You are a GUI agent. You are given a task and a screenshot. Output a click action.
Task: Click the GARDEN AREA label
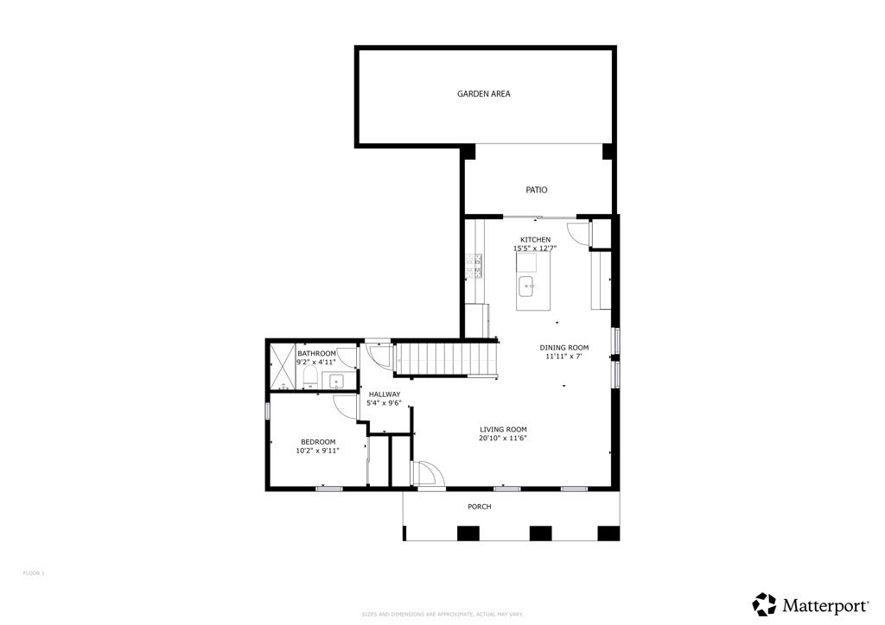point(483,93)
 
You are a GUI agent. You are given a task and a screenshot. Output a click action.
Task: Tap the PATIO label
point(537,190)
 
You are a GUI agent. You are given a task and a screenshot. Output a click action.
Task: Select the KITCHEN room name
point(535,239)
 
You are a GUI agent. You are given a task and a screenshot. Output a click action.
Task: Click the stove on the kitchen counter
point(474,265)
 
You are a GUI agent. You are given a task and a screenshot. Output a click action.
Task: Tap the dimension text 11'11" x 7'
point(563,357)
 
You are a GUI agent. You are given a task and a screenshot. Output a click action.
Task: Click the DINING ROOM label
point(565,347)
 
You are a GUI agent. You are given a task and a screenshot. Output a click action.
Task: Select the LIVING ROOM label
point(503,429)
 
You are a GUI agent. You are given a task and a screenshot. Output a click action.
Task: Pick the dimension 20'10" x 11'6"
point(503,439)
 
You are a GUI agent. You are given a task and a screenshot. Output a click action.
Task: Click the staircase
point(446,357)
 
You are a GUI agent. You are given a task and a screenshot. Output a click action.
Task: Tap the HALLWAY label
point(384,394)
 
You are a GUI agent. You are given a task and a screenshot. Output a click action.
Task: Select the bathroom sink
point(336,381)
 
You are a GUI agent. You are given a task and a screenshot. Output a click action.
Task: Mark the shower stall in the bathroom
point(282,368)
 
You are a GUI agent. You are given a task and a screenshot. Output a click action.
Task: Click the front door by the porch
point(429,474)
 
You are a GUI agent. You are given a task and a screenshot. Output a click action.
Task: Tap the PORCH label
point(479,507)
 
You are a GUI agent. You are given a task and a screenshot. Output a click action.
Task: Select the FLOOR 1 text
point(33,573)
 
